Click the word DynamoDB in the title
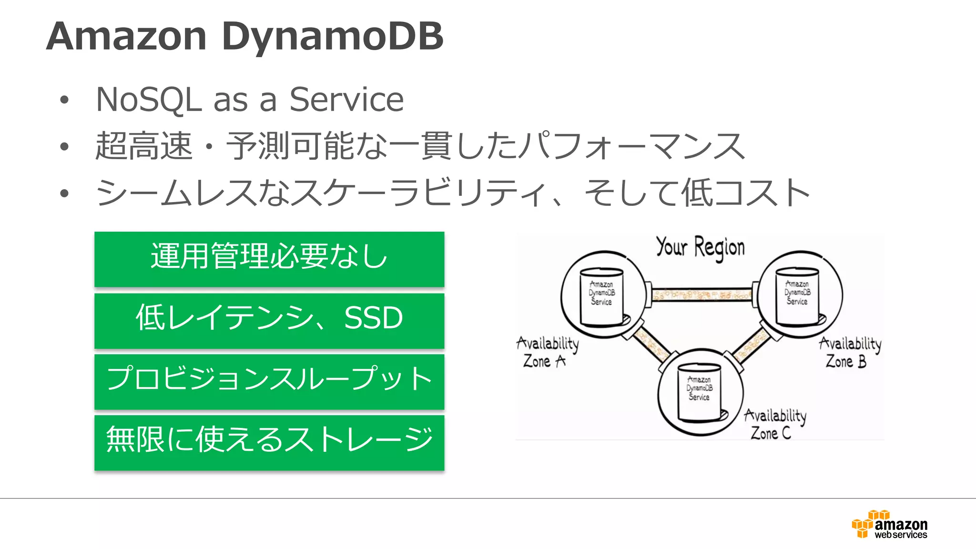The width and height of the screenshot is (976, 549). click(x=332, y=36)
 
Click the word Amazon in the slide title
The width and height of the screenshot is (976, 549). click(x=126, y=36)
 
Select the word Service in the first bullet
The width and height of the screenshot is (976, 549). click(x=346, y=100)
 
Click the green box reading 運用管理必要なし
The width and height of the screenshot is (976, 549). click(x=269, y=259)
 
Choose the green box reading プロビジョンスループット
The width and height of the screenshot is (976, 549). click(x=269, y=381)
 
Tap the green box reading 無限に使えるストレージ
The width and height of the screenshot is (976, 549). click(x=269, y=442)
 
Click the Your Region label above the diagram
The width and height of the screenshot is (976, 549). click(x=700, y=247)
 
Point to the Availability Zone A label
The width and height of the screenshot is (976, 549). click(x=547, y=352)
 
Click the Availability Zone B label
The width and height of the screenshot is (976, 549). click(x=850, y=352)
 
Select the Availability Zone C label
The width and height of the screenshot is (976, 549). click(x=775, y=424)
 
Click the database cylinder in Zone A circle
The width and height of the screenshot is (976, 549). click(x=602, y=296)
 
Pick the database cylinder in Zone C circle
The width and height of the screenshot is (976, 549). click(x=700, y=392)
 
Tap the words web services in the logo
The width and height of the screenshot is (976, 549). click(x=900, y=535)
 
